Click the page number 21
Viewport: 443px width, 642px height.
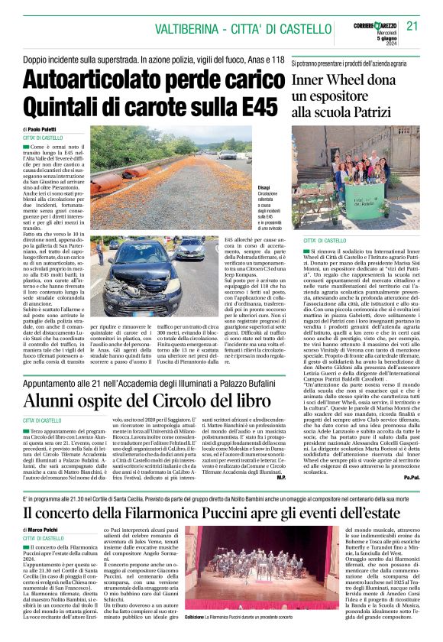[412, 26]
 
